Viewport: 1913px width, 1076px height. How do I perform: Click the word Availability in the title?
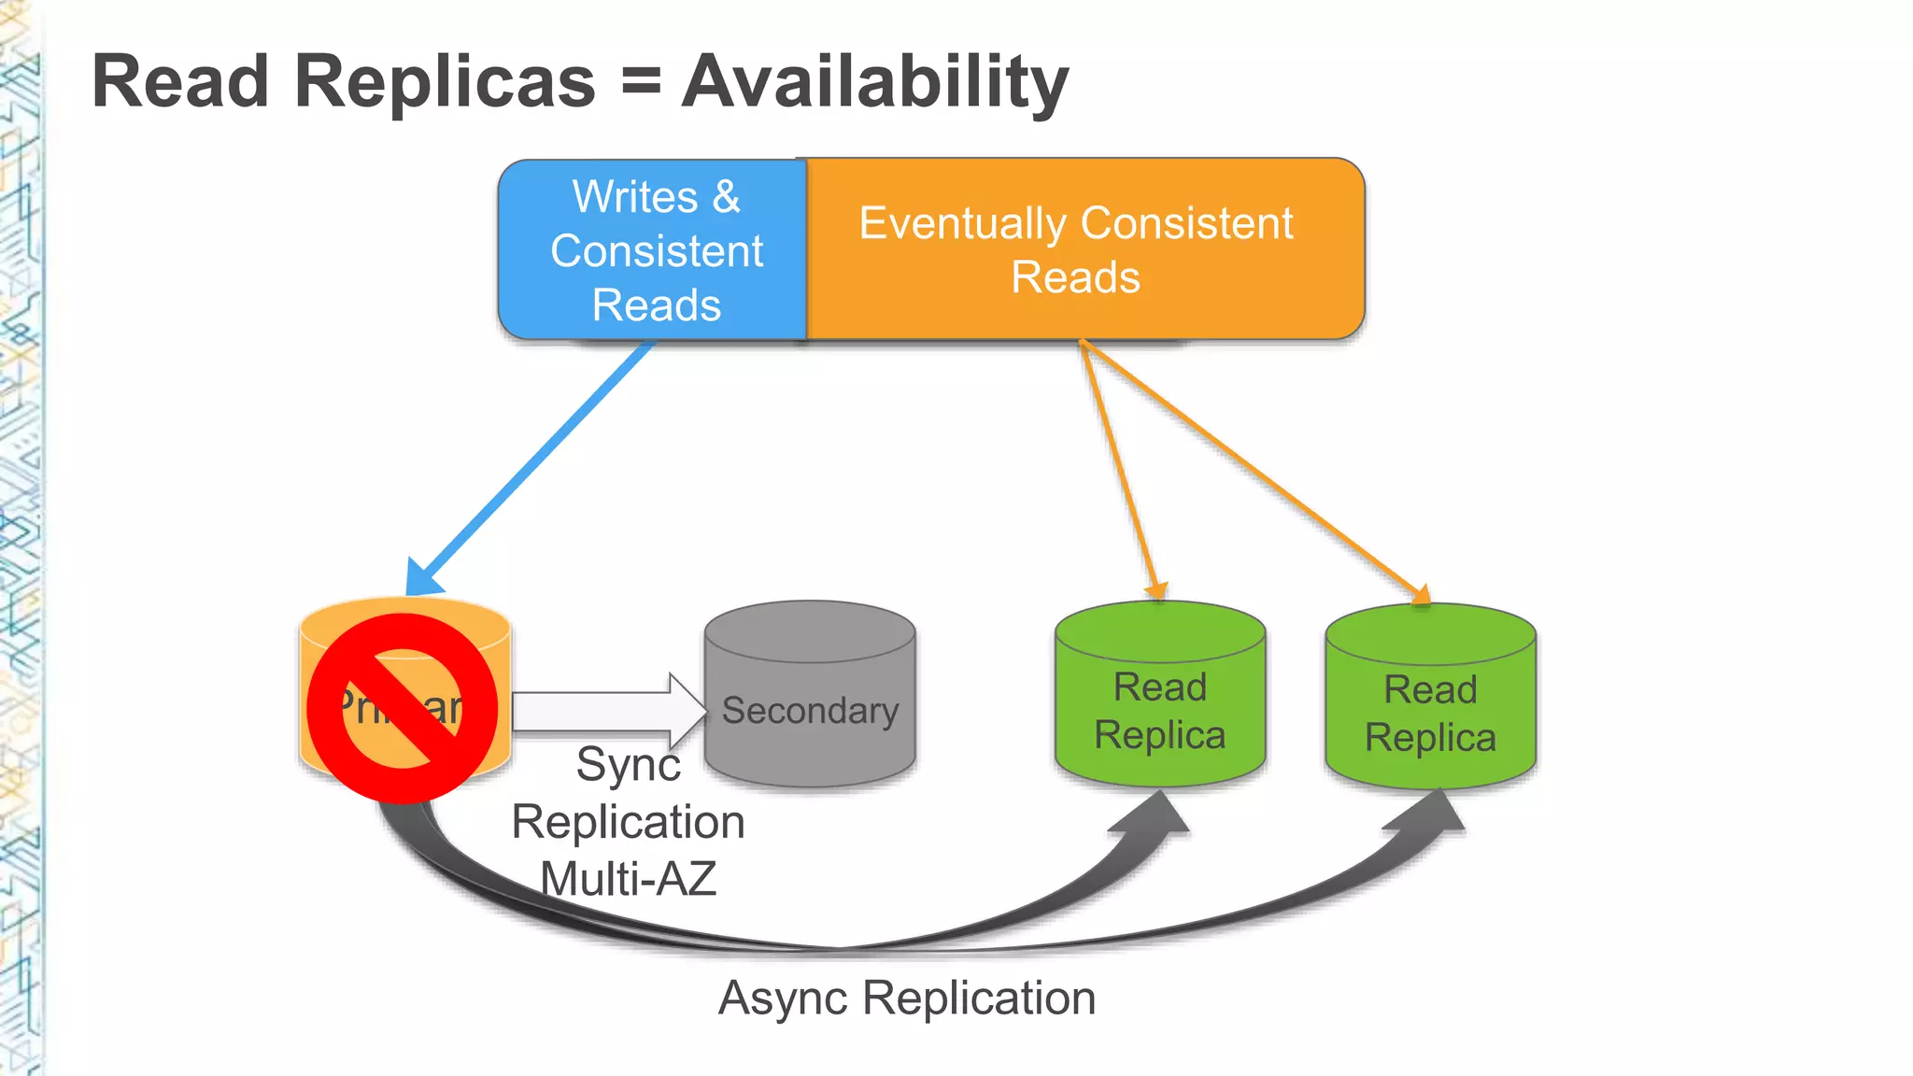click(874, 82)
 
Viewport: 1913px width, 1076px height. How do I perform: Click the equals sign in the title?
click(641, 82)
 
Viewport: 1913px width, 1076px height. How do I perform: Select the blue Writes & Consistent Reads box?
click(653, 250)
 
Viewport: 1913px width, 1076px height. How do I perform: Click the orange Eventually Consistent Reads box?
click(1084, 250)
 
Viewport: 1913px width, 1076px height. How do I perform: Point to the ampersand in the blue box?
click(727, 197)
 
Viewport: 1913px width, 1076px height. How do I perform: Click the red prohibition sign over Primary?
click(403, 708)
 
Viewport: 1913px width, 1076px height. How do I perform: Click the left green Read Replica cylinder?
click(1159, 710)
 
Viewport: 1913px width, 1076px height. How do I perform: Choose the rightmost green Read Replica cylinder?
click(1430, 712)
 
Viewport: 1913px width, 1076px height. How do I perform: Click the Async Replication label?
click(906, 998)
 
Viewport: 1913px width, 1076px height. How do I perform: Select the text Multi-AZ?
click(628, 879)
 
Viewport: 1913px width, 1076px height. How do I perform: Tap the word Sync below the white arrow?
click(628, 765)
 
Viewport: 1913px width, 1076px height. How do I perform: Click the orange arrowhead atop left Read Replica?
click(1156, 590)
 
